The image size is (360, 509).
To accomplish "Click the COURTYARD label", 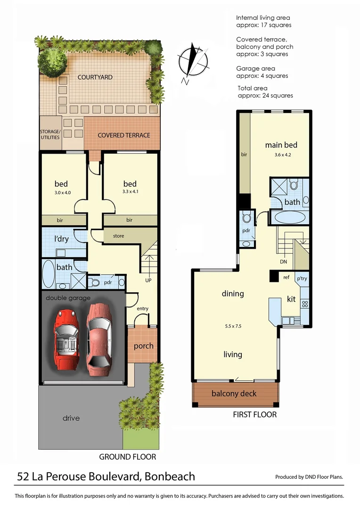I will pyautogui.click(x=95, y=77).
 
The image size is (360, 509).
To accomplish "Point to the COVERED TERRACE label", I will pyautogui.click(x=124, y=135).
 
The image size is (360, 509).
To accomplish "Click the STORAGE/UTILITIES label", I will pyautogui.click(x=50, y=134).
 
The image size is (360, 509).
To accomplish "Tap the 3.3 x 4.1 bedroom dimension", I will pyautogui.click(x=130, y=192).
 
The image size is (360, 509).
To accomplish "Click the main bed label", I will pyautogui.click(x=281, y=145).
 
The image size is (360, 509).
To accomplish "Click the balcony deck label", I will pyautogui.click(x=234, y=393).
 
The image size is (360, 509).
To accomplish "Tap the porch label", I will pyautogui.click(x=143, y=345).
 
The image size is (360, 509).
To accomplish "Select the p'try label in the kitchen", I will pyautogui.click(x=301, y=279).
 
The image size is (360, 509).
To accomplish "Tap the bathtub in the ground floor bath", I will pyautogui.click(x=49, y=274).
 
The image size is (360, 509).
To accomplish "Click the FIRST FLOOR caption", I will pyautogui.click(x=254, y=415).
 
